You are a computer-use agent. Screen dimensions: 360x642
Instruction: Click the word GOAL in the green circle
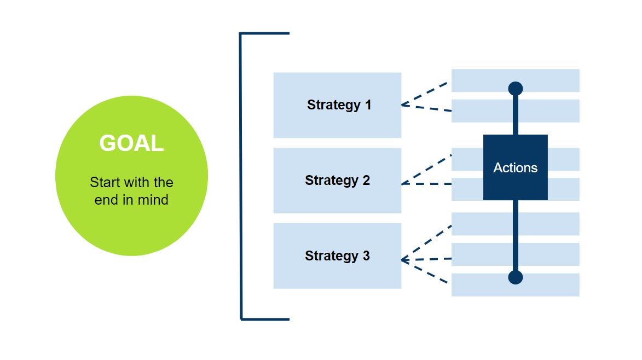point(131,143)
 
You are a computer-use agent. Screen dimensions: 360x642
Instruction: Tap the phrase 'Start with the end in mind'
point(131,190)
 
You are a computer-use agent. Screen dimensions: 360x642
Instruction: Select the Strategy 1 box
point(337,105)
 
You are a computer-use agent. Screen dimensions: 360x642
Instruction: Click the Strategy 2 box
point(337,181)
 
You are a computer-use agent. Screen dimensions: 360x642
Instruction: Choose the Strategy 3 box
point(337,256)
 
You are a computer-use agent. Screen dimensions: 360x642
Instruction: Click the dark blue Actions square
point(515,167)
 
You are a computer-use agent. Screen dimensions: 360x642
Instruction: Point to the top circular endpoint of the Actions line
point(515,88)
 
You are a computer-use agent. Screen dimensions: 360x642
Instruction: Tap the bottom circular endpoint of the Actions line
point(515,277)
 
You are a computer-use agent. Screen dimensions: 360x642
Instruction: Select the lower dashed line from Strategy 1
point(426,108)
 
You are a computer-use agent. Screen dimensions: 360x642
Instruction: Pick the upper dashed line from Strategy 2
point(426,170)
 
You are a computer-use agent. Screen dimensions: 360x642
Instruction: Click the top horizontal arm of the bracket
point(265,33)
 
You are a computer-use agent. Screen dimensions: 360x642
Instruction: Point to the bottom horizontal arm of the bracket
point(265,318)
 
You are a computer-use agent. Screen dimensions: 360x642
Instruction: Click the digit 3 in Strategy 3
point(366,256)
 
